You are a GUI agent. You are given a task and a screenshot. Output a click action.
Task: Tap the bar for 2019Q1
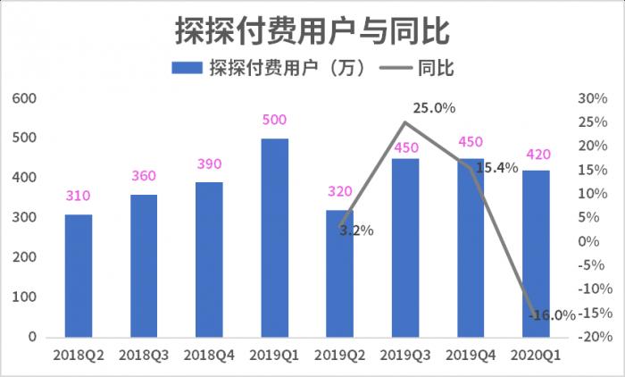point(274,238)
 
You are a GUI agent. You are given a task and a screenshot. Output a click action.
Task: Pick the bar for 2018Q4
point(209,259)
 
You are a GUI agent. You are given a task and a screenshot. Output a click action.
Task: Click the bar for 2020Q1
point(536,254)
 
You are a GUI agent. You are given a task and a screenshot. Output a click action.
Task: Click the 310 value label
point(79,197)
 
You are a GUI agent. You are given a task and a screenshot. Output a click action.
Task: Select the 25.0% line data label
point(434,108)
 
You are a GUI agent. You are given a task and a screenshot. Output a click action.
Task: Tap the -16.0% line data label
point(551,314)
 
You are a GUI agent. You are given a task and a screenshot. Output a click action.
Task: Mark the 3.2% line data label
point(355,230)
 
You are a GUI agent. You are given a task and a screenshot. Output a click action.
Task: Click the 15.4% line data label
point(496,167)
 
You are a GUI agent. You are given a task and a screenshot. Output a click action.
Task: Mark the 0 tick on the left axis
point(32,337)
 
